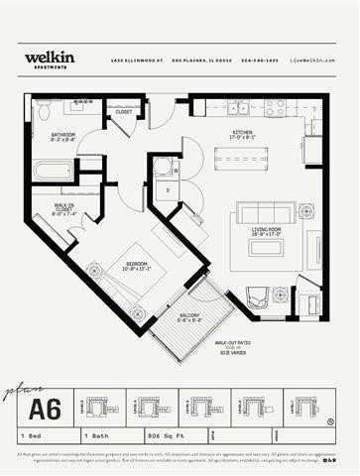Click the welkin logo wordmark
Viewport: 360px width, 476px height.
[46, 58]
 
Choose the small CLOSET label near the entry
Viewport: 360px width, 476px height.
[124, 112]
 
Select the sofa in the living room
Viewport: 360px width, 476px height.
[266, 211]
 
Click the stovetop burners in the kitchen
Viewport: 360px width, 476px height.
[274, 107]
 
